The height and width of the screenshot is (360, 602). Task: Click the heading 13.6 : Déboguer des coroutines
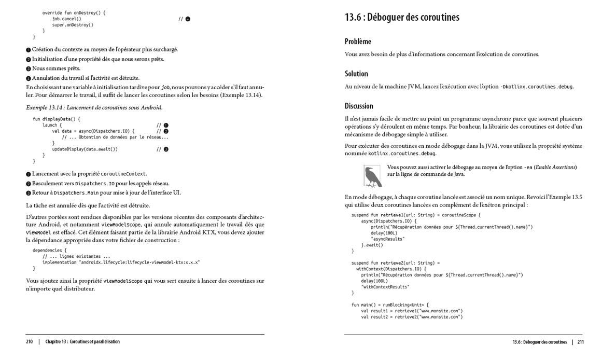click(402, 17)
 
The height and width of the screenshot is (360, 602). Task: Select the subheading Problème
click(358, 41)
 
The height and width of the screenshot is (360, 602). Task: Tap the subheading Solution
click(356, 74)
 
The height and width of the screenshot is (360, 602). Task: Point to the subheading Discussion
click(359, 106)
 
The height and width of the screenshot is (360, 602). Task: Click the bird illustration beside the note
click(372, 176)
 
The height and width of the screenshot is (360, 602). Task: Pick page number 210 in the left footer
click(29, 342)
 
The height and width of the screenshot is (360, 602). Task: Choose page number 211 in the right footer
click(580, 342)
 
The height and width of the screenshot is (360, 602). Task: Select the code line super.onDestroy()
click(73, 25)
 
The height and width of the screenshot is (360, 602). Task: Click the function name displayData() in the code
click(61, 119)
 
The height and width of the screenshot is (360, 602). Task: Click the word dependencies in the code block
click(47, 250)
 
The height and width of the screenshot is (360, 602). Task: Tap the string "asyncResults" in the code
click(388, 239)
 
